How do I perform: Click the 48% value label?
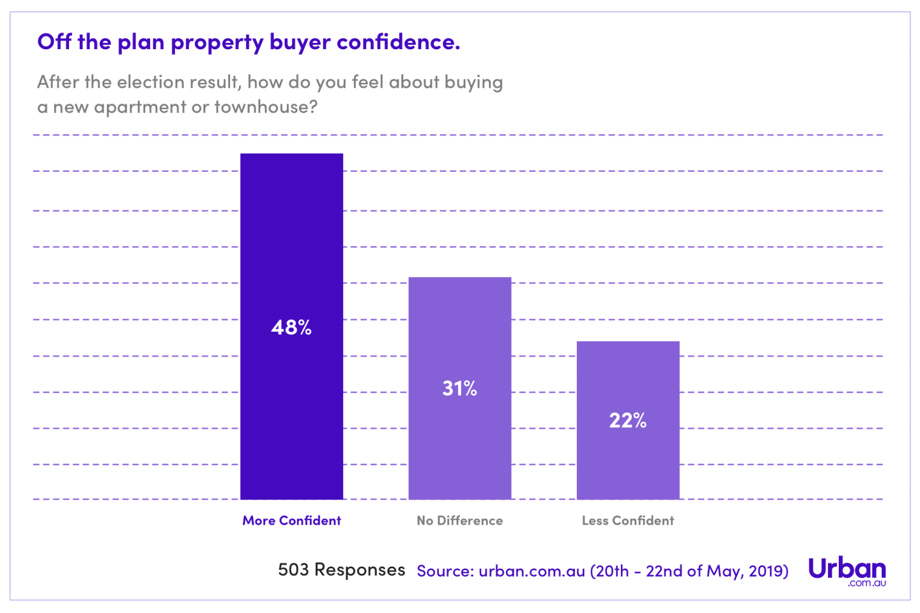(x=291, y=327)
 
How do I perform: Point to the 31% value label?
(x=459, y=388)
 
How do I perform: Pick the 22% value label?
(x=627, y=421)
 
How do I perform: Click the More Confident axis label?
(x=291, y=520)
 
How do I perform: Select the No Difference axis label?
(x=459, y=520)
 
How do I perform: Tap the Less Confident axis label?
(x=627, y=520)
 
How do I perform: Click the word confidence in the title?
(x=397, y=42)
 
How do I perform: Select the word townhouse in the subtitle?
(x=265, y=107)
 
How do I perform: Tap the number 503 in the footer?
(x=293, y=570)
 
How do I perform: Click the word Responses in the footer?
(x=360, y=570)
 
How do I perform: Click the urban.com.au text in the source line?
(x=532, y=571)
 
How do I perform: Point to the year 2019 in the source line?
(x=767, y=571)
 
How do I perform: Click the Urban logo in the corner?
(x=847, y=571)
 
